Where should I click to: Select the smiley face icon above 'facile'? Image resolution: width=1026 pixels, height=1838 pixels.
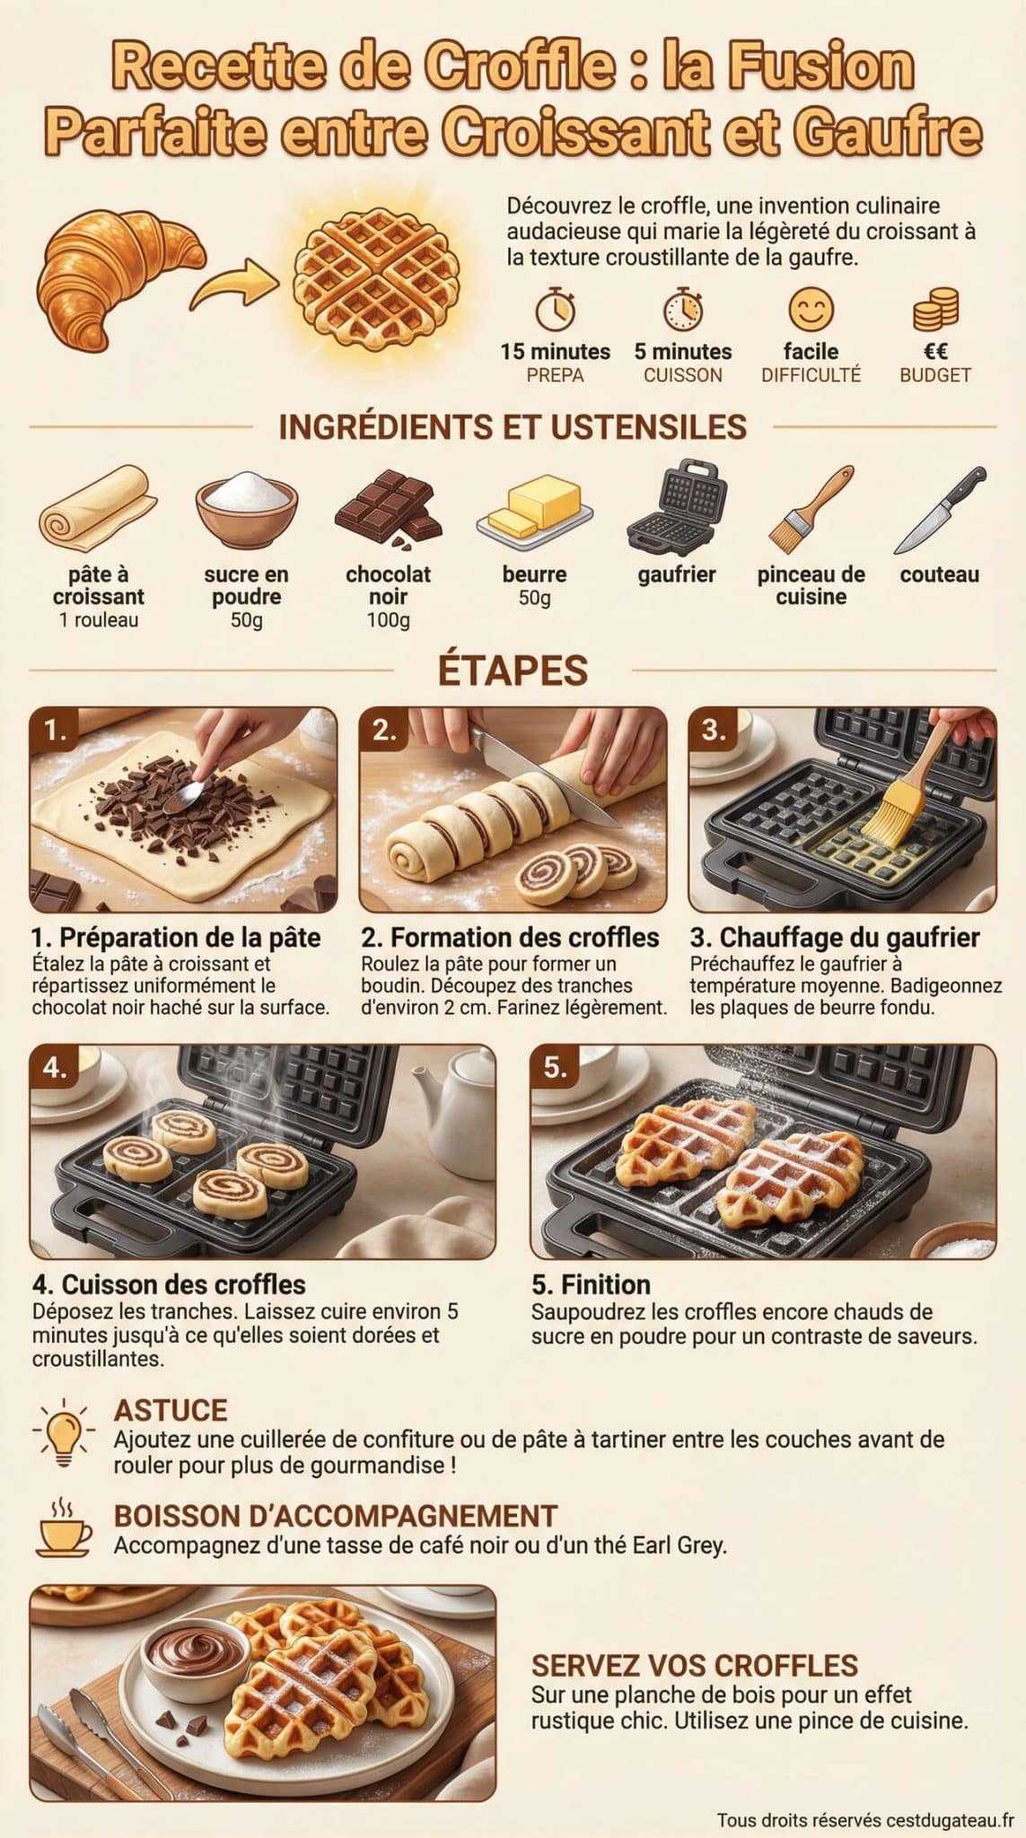tap(811, 310)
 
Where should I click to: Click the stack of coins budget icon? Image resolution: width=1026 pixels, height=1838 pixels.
tap(935, 311)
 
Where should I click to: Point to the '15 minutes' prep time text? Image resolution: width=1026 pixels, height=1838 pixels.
tap(555, 352)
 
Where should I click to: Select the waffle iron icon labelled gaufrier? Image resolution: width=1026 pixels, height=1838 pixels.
tap(675, 508)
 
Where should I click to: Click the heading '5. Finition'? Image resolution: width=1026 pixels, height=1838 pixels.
tap(591, 1284)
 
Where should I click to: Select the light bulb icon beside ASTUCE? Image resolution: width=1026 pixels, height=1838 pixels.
tap(64, 1432)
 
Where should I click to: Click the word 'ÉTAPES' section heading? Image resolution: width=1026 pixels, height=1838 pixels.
tap(513, 670)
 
